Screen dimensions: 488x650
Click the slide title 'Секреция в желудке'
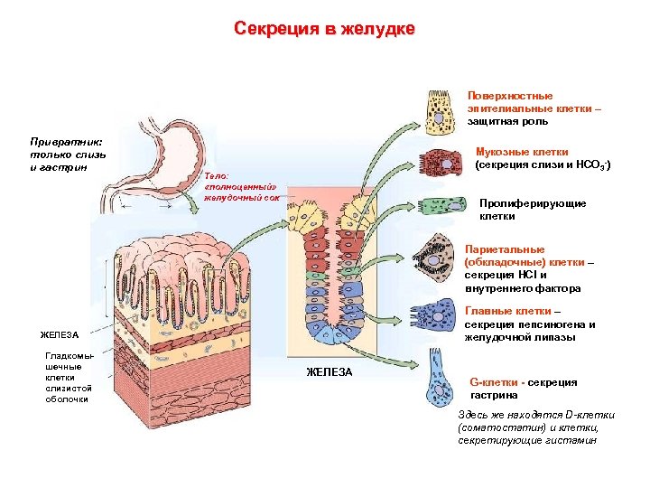(324, 29)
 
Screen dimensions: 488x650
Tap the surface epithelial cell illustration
(439, 110)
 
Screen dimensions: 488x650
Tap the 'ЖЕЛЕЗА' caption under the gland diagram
(329, 372)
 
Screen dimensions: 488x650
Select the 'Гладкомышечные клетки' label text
(69, 377)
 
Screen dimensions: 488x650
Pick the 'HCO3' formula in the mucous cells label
(591, 165)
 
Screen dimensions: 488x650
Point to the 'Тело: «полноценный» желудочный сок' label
(237, 186)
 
